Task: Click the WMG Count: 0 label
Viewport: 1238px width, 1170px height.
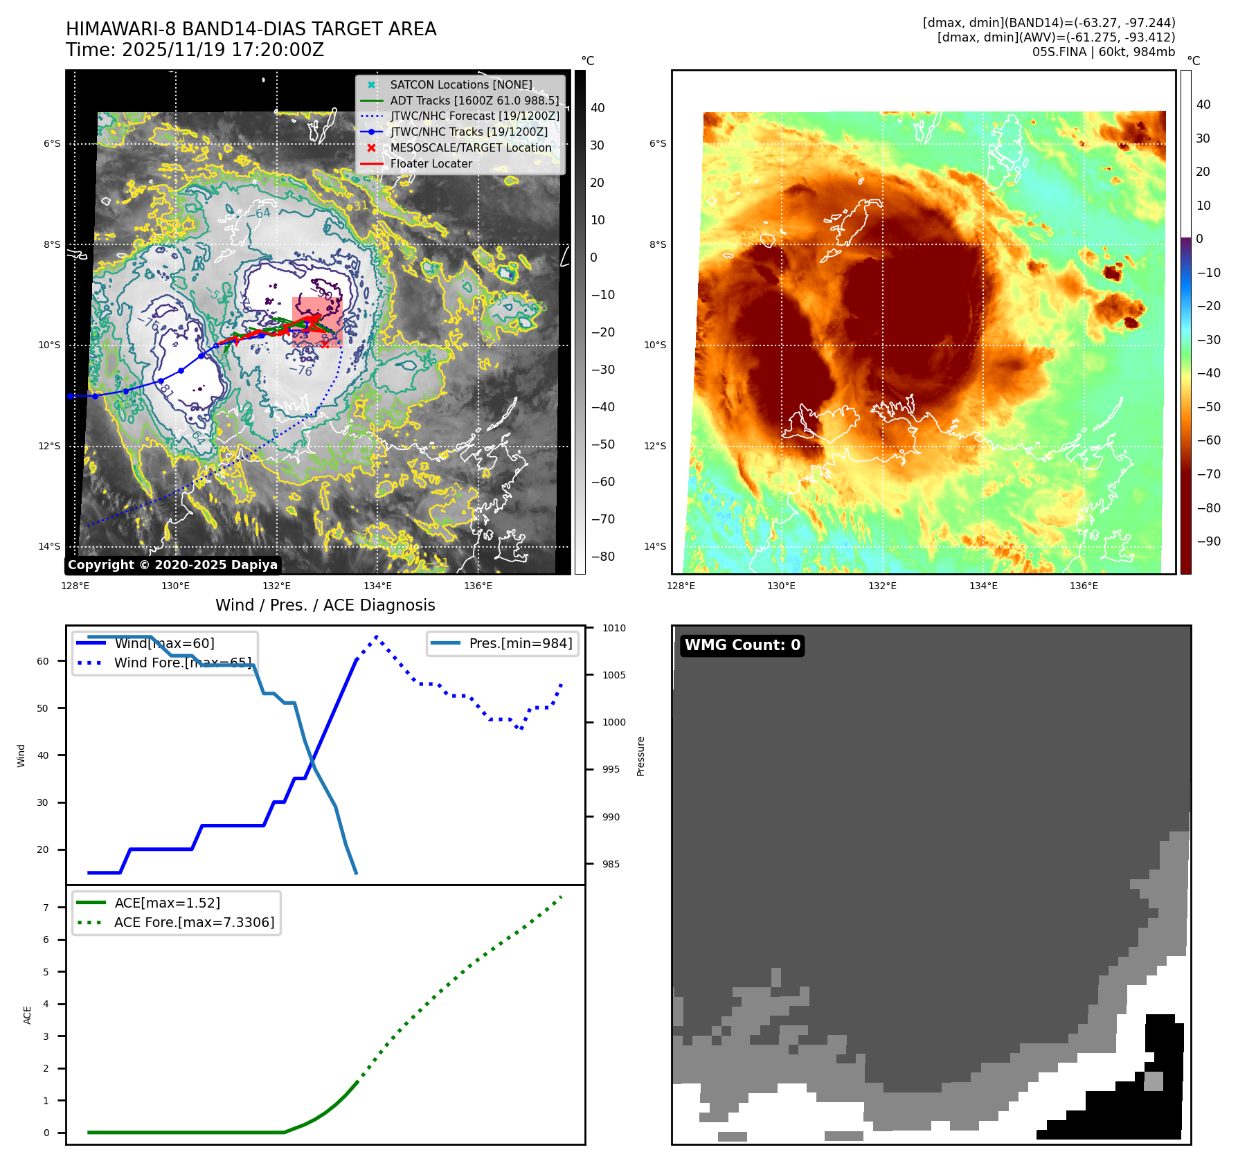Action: [742, 645]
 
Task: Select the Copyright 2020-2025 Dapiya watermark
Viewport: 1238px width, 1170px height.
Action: [172, 565]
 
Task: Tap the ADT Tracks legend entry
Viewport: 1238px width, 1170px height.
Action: [474, 100]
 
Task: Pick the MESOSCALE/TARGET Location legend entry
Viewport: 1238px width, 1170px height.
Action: [471, 147]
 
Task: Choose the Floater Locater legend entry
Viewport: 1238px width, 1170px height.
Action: [431, 163]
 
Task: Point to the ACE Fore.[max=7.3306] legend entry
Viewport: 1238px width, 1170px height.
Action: [194, 922]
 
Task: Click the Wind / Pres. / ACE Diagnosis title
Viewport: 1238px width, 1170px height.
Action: [325, 605]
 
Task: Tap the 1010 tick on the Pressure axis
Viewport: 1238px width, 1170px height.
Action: [613, 628]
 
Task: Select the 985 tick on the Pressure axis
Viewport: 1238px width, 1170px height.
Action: [611, 864]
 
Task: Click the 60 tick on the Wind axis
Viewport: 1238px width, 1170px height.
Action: [43, 661]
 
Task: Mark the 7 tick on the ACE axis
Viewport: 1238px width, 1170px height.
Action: [46, 908]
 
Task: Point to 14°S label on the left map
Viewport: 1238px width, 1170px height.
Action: [49, 546]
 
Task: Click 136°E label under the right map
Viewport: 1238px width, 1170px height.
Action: [1084, 586]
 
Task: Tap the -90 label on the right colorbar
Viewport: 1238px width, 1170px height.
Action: [1209, 541]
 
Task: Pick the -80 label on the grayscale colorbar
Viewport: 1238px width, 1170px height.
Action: [602, 557]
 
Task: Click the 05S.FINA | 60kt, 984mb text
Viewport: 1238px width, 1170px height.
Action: [1104, 52]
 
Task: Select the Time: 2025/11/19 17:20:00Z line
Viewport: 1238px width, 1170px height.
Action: [195, 50]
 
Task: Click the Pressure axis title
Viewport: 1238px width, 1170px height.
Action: [640, 756]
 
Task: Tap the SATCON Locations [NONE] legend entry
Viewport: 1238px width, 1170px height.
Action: [461, 84]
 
